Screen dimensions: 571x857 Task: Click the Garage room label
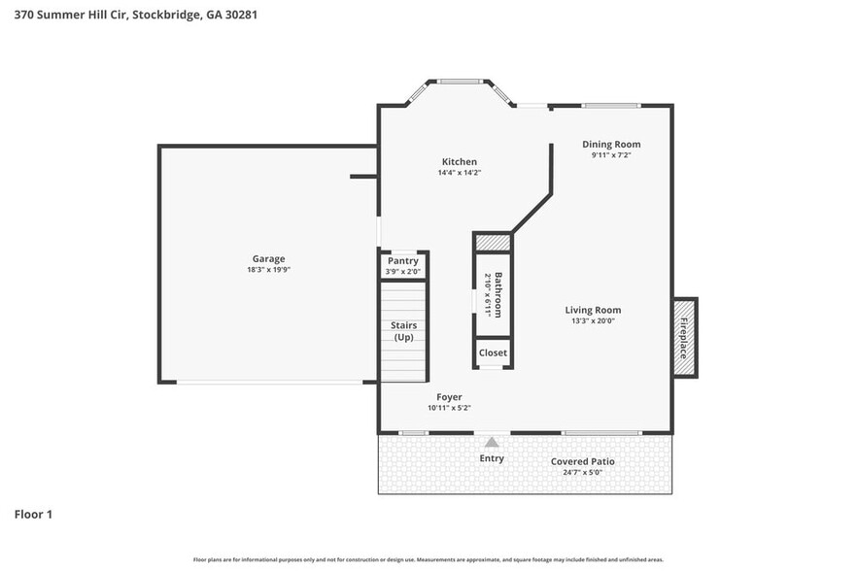click(269, 258)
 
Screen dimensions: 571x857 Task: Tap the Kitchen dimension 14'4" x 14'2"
click(459, 173)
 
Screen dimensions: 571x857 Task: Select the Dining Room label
click(611, 144)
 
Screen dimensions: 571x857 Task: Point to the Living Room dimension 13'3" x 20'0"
click(592, 321)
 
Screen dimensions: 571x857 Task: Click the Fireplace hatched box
click(684, 338)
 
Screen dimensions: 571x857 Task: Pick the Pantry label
click(403, 260)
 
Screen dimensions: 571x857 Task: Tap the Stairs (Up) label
click(403, 330)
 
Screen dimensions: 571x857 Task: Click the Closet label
click(493, 353)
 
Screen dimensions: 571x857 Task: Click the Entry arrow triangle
click(492, 443)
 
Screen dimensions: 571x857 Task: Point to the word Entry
click(492, 458)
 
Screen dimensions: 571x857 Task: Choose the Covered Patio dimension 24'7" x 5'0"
click(582, 473)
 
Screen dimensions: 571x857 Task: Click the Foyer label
click(449, 396)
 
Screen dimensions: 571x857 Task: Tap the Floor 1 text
click(33, 514)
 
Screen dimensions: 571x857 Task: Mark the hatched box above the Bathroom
click(493, 241)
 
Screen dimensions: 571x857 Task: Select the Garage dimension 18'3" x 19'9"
click(269, 270)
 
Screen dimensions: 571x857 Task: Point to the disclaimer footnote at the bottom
click(428, 559)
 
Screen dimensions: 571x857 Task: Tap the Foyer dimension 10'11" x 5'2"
click(449, 408)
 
